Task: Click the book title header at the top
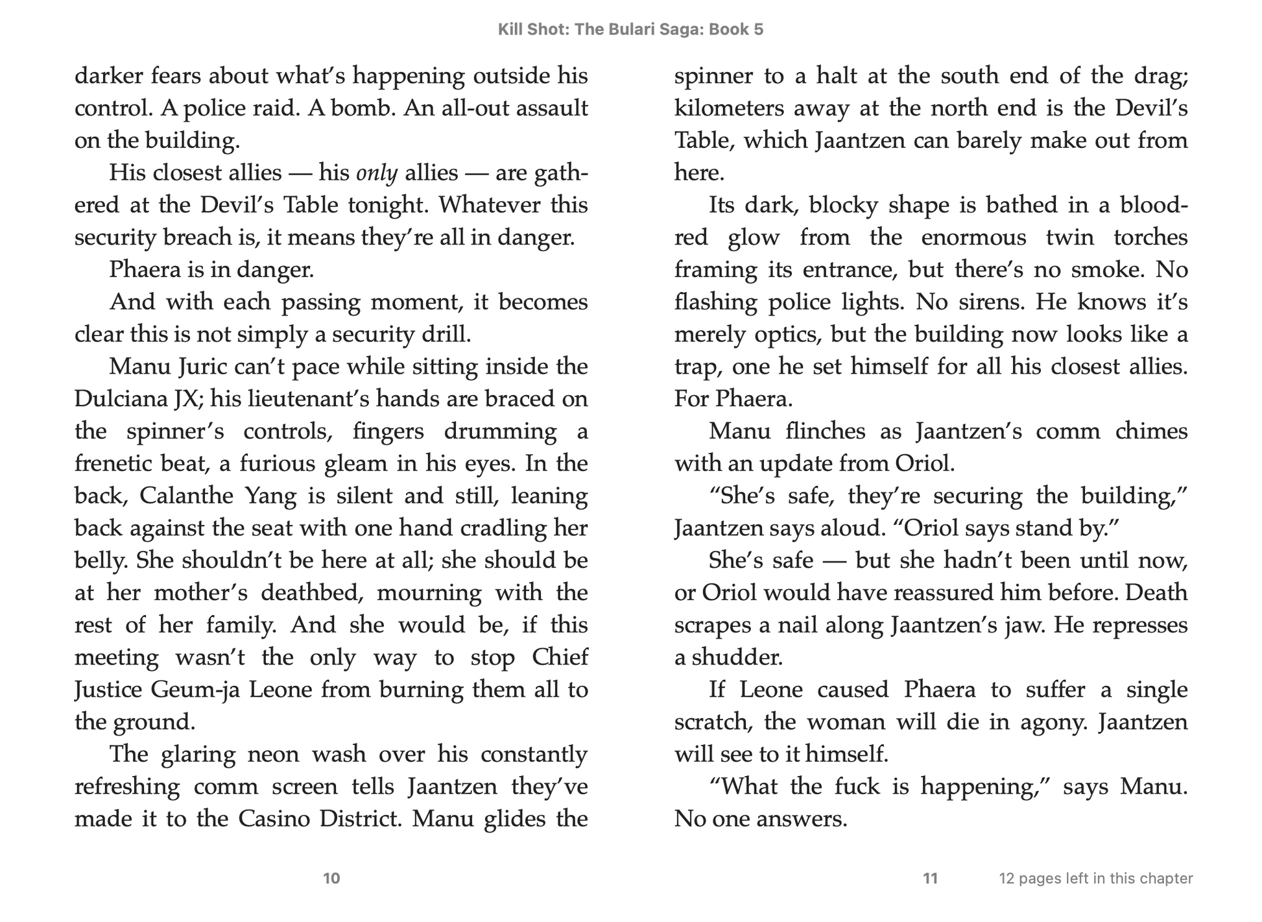click(x=630, y=30)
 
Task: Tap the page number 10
click(x=331, y=879)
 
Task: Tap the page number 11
click(x=931, y=879)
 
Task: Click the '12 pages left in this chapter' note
click(x=1096, y=879)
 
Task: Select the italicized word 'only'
click(x=377, y=173)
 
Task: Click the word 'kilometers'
click(x=728, y=108)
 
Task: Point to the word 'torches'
click(x=1150, y=237)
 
